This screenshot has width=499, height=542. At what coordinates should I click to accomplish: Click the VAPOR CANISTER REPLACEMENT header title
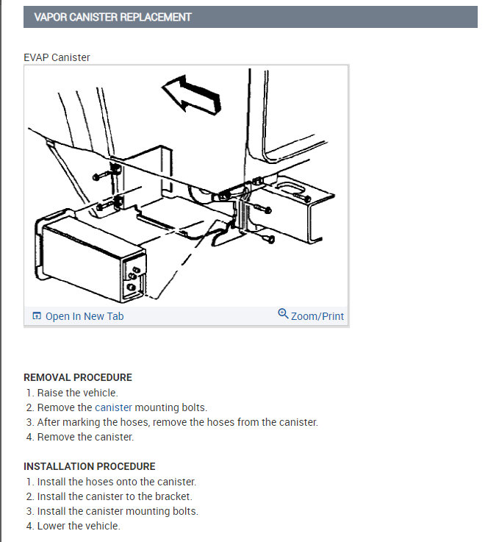coord(112,17)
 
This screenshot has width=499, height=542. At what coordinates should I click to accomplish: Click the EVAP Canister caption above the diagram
coord(57,57)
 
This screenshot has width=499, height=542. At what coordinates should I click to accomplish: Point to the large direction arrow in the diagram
coord(191,95)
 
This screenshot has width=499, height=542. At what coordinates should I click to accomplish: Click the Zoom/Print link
coord(317,316)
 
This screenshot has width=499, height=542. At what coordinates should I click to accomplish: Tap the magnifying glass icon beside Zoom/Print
coord(283,314)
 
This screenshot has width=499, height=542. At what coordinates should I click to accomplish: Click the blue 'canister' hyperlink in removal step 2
coord(113,407)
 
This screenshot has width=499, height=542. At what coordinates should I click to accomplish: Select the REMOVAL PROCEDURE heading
coord(78,377)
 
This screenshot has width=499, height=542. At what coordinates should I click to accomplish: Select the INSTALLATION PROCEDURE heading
coord(90,466)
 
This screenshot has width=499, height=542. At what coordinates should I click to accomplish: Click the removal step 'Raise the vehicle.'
coord(78,393)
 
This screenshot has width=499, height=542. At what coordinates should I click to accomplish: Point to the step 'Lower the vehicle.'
coord(79,526)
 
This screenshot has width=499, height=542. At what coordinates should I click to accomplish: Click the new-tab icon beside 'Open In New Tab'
coord(37,315)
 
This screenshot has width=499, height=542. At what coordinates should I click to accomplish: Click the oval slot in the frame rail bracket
coord(290,188)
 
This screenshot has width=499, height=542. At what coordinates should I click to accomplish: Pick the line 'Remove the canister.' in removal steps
coord(85,437)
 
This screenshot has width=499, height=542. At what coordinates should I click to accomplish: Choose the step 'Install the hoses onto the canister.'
coord(117,482)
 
